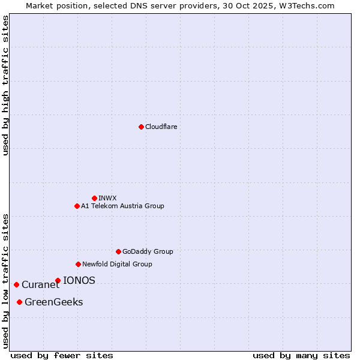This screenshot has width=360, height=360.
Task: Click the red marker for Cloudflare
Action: (x=141, y=127)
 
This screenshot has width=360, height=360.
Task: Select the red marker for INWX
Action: (x=94, y=198)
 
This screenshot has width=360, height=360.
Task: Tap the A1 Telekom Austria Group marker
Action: (x=77, y=206)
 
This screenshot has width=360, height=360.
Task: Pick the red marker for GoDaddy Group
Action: (x=118, y=251)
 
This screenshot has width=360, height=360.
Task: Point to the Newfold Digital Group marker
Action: (x=78, y=264)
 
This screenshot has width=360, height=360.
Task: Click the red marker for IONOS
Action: (x=58, y=280)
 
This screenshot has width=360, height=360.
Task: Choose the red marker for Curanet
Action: (x=16, y=284)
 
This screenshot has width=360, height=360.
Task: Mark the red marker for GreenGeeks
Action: (x=19, y=302)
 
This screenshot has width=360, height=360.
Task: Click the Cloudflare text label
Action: (x=161, y=127)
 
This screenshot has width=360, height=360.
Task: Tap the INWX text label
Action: (x=107, y=198)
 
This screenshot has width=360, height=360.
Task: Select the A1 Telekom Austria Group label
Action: (x=122, y=206)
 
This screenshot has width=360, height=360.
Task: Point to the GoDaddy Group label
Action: (x=148, y=251)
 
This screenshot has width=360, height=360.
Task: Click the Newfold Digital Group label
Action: (x=117, y=264)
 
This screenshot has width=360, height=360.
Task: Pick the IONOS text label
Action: (x=79, y=280)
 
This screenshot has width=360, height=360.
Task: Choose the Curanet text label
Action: (x=41, y=285)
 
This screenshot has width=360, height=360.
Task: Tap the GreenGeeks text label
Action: (x=54, y=302)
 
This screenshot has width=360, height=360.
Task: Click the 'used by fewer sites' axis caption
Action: (x=62, y=355)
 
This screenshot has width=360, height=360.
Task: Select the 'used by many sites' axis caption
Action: (x=301, y=355)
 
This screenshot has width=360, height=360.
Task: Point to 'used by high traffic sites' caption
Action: (x=6, y=85)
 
